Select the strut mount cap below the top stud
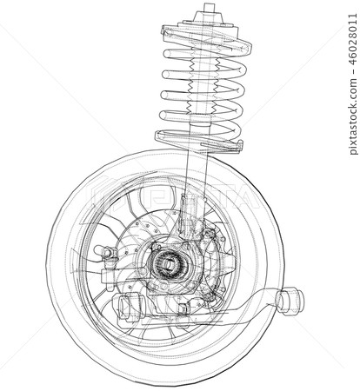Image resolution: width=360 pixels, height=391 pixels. click(209, 23)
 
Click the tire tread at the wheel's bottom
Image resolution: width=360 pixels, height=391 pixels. click(165, 369)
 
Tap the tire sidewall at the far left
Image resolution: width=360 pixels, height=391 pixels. click(54, 261)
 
